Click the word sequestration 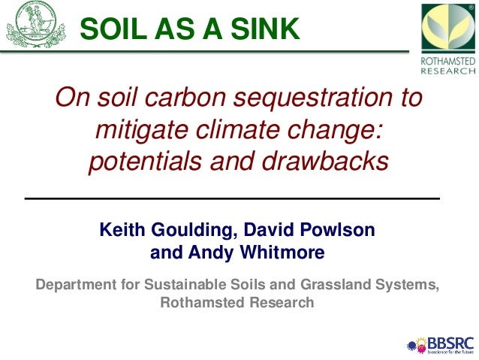click(x=327, y=99)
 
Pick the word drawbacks click(x=333, y=161)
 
